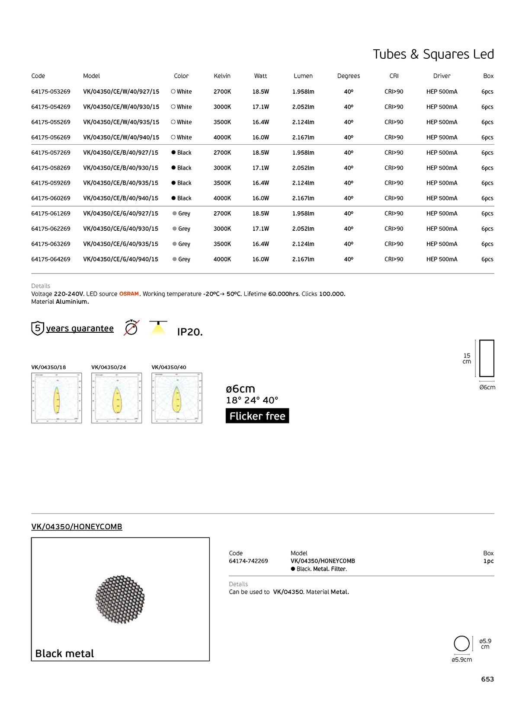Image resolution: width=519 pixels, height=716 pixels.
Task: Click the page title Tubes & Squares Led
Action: (x=433, y=54)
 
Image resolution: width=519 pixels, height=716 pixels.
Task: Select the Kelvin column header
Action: (x=222, y=76)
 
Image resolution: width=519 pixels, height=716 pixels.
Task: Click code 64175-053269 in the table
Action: (x=51, y=92)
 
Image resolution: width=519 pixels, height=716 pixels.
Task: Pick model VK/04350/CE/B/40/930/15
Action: (x=121, y=168)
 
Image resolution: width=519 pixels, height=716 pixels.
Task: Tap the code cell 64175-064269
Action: (x=51, y=259)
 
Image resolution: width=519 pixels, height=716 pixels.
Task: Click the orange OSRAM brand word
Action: (x=129, y=294)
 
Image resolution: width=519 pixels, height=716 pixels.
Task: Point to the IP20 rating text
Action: (x=189, y=332)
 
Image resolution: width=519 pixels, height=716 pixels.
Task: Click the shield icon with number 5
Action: (x=38, y=328)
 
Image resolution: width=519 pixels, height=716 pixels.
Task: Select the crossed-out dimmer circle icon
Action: (x=131, y=328)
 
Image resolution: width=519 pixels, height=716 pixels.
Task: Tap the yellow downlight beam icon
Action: (x=158, y=328)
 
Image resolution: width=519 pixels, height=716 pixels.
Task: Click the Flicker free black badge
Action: (x=257, y=416)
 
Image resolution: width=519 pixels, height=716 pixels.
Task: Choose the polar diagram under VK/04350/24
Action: (x=116, y=398)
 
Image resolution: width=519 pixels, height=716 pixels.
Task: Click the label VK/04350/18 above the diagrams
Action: (x=48, y=367)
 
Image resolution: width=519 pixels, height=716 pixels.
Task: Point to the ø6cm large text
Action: (x=240, y=388)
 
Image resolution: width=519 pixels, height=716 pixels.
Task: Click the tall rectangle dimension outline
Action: (x=487, y=358)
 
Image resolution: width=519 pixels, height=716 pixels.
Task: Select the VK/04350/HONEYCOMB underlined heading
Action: (x=77, y=527)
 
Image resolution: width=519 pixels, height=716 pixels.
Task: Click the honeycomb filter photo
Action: (x=120, y=599)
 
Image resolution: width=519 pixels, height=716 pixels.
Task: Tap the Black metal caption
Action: (x=64, y=653)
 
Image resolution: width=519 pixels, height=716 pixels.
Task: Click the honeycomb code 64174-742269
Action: (x=248, y=561)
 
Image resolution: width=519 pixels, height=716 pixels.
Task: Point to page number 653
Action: (x=487, y=679)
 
